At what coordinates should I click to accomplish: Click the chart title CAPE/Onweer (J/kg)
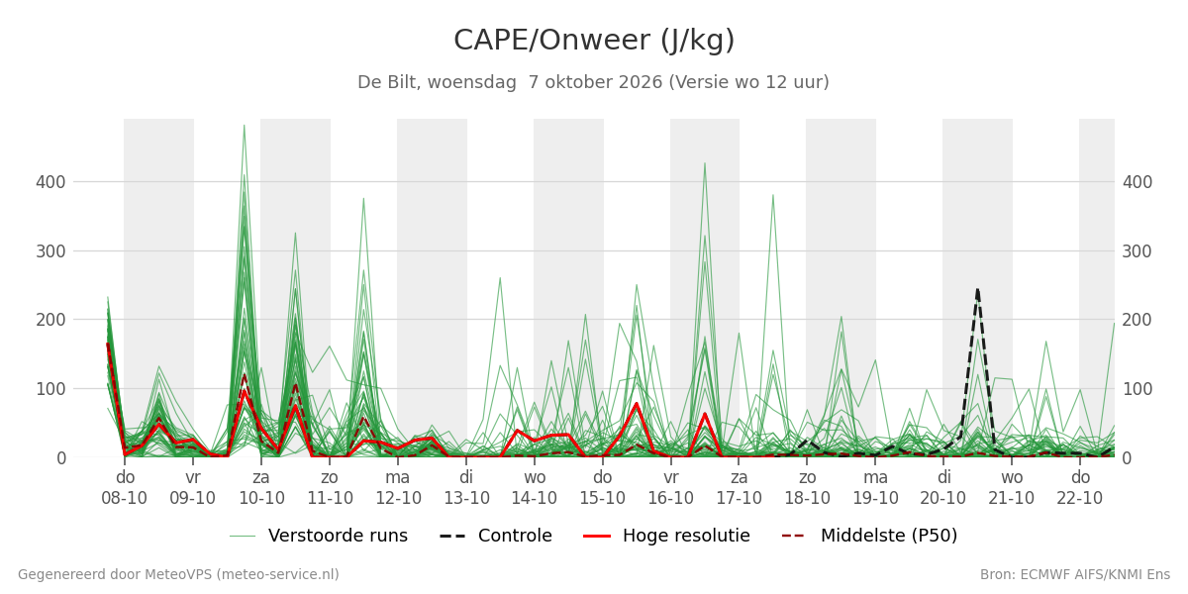coord(594,41)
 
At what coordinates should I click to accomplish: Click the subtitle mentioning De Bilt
coord(593,82)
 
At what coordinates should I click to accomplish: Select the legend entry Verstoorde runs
coord(318,536)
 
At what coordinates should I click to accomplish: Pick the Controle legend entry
coord(496,536)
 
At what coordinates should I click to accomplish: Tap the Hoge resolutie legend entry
coord(666,536)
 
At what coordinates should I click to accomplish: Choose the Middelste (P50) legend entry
coord(870,536)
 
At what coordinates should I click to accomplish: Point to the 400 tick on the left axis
coord(50,182)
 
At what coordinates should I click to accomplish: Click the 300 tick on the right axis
coord(1138,251)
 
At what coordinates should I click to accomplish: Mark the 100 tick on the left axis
coord(50,389)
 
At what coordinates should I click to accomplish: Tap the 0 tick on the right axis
coord(1127,458)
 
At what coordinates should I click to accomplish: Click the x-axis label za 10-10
coord(261,488)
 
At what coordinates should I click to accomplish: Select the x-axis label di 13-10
coord(466,488)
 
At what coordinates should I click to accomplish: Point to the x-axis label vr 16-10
coord(671,488)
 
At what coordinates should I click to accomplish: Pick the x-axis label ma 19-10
coord(875,488)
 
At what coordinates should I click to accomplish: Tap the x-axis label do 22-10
coord(1080,488)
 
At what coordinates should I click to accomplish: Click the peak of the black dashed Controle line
coord(977,289)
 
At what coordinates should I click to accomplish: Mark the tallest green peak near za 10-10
coord(244,125)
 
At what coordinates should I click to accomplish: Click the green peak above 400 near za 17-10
coord(705,163)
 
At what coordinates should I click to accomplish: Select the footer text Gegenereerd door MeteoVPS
coord(178,575)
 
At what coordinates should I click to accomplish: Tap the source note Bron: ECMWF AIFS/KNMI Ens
coord(1074,575)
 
